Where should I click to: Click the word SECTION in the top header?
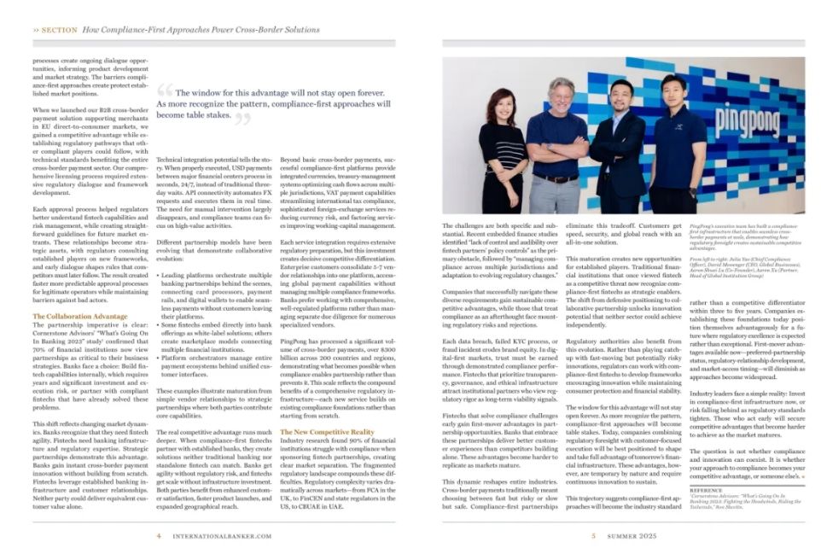tap(60, 29)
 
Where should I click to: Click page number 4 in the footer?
tap(160, 536)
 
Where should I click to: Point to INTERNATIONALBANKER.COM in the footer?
tap(222, 536)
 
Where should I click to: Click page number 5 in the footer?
tap(594, 536)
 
